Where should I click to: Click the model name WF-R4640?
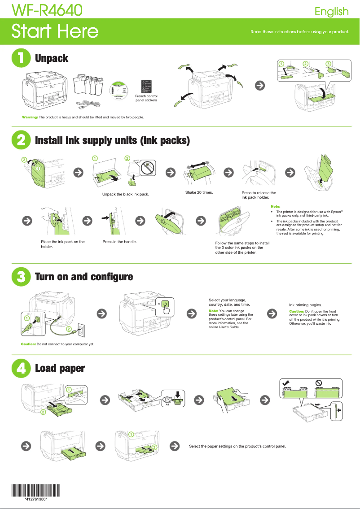[x=47, y=9]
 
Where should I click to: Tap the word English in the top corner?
[x=331, y=11]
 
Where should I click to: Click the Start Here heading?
[x=54, y=31]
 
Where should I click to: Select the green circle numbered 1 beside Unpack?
[x=20, y=58]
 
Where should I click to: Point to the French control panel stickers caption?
[x=146, y=98]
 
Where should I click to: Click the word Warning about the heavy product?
[x=30, y=117]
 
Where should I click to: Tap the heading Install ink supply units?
[x=112, y=141]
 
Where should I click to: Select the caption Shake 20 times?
[x=199, y=192]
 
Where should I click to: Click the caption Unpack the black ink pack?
[x=125, y=194]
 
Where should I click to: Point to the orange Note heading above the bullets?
[x=276, y=206]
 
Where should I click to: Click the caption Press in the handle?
[x=119, y=242]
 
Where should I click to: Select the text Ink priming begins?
[x=305, y=305]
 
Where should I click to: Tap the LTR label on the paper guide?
[x=167, y=399]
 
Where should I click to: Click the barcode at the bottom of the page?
[x=35, y=491]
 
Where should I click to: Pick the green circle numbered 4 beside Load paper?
[x=20, y=368]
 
